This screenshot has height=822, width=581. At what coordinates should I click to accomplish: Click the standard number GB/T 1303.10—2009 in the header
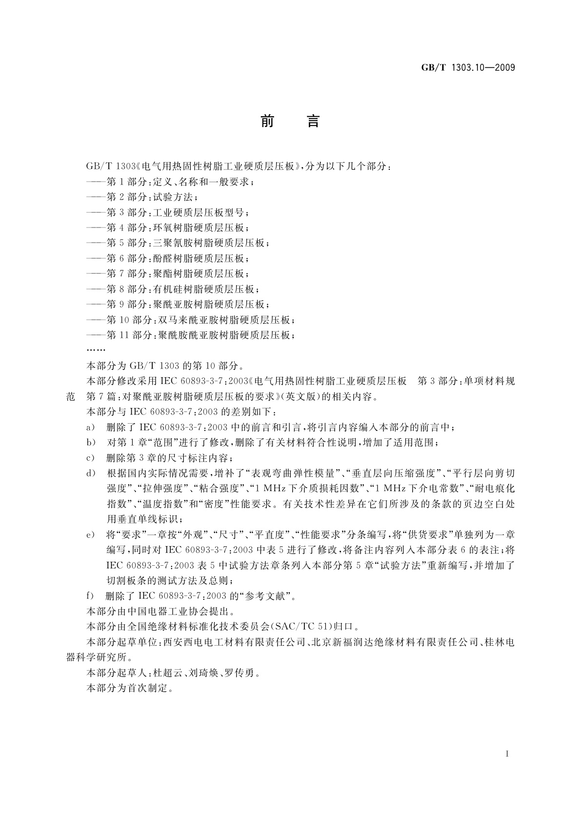(468, 68)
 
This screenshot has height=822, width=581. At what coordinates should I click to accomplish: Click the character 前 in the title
(267, 121)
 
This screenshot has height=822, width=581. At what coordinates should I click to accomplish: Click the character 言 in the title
(313, 121)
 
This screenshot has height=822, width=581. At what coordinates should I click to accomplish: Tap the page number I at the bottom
(508, 754)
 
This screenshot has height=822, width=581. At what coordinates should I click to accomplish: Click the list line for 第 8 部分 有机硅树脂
(173, 289)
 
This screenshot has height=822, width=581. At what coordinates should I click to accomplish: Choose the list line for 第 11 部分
(191, 335)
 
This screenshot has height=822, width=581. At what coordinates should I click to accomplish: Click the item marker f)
(90, 596)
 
